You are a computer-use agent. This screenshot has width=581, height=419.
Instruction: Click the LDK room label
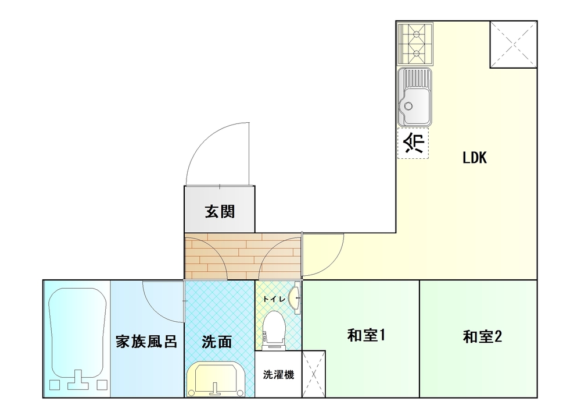pyautogui.click(x=474, y=158)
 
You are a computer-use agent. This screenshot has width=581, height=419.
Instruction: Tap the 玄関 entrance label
pyautogui.click(x=220, y=212)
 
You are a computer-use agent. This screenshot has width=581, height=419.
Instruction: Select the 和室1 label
pyautogui.click(x=366, y=335)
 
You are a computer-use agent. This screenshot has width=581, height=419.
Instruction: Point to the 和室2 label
pyautogui.click(x=482, y=336)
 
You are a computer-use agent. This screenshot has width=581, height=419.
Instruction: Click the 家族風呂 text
pyautogui.click(x=146, y=341)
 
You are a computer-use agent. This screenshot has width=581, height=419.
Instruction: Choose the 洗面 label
pyautogui.click(x=217, y=342)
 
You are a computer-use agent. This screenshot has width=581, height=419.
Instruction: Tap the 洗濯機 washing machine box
pyautogui.click(x=278, y=374)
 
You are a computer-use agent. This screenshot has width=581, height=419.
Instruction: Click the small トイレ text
pyautogui.click(x=274, y=299)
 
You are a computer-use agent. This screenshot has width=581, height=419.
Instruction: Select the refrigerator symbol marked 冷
pyautogui.click(x=413, y=143)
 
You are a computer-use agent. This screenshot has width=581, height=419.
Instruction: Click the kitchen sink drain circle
pyautogui.click(x=408, y=106)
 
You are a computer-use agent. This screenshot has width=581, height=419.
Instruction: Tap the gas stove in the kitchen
pyautogui.click(x=415, y=44)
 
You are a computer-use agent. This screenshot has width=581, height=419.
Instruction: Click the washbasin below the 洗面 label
pyautogui.click(x=216, y=379)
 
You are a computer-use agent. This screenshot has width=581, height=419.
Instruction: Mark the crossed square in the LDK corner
pyautogui.click(x=514, y=45)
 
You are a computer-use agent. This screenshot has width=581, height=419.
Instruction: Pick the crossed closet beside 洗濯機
pyautogui.click(x=314, y=374)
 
